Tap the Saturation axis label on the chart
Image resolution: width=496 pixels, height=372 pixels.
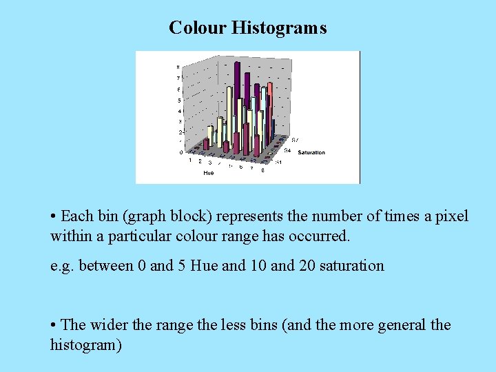point(311,152)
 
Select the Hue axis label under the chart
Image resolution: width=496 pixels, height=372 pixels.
point(208,173)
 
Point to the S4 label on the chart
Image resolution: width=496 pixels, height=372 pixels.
point(287,149)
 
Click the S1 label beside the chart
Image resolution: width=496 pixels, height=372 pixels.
point(279,163)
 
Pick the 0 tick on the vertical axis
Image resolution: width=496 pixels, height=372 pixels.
point(182,152)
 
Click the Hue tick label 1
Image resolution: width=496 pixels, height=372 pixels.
point(190,160)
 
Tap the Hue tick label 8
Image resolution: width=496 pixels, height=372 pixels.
point(262,170)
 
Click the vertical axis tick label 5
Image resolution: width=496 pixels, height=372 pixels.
point(180,101)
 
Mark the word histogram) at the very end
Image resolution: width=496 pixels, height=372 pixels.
point(86,344)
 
